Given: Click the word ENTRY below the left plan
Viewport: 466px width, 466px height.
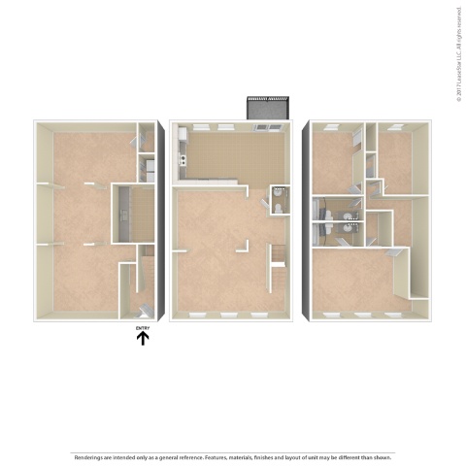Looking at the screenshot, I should click(x=143, y=328).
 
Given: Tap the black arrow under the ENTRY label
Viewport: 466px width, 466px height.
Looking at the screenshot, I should click(x=143, y=339).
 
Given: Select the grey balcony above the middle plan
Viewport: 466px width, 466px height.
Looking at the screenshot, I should click(x=268, y=111).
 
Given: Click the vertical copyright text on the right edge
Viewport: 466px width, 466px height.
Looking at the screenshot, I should click(x=456, y=57).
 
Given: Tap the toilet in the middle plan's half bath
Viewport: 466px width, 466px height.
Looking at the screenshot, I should click(x=278, y=208).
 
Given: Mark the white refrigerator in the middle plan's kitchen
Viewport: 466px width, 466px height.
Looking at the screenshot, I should click(x=182, y=172).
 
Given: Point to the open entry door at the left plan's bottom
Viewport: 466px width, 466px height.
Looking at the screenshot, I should click(x=142, y=309).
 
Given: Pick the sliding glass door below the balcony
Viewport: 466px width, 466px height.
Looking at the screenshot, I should click(x=267, y=127).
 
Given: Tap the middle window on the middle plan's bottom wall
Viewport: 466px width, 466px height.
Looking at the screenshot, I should click(x=229, y=316).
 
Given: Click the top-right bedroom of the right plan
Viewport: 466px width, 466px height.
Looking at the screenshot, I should click(x=396, y=155).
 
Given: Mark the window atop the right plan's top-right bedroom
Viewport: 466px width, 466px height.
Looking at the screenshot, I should click(x=395, y=126).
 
